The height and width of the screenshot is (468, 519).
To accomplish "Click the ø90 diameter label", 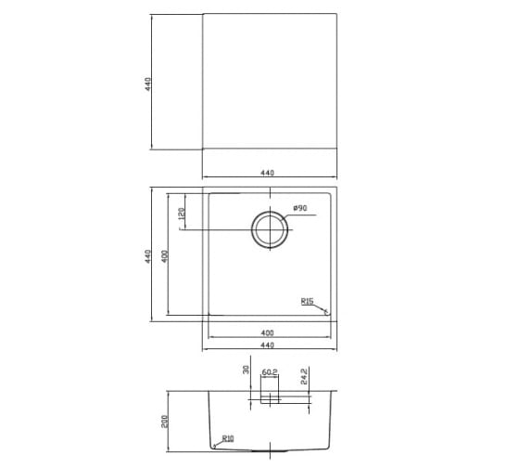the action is pyautogui.click(x=300, y=208).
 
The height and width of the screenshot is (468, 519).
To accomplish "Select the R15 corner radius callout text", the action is pyautogui.click(x=307, y=301).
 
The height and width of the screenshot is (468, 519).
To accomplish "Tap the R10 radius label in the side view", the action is pyautogui.click(x=228, y=438).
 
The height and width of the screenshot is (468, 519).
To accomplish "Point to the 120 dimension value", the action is pyautogui.click(x=181, y=214).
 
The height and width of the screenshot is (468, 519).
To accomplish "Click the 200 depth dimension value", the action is pyautogui.click(x=165, y=422).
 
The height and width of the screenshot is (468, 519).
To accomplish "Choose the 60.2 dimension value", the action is pyautogui.click(x=270, y=372).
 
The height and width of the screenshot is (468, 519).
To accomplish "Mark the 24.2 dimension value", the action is pyautogui.click(x=304, y=376).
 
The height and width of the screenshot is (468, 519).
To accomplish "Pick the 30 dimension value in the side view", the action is pyautogui.click(x=246, y=370).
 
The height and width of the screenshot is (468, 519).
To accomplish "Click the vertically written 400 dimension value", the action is pyautogui.click(x=165, y=256).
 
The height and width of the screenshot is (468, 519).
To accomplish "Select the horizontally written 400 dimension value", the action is pyautogui.click(x=268, y=332).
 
